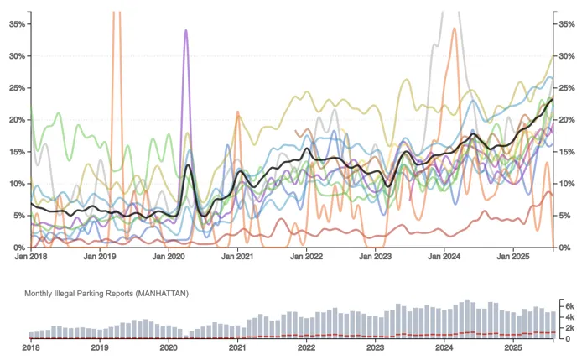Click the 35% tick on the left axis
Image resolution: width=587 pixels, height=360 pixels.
click(x=17, y=24)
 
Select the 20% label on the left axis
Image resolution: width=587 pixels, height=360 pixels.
click(x=17, y=120)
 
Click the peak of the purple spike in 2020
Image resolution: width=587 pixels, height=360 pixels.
click(x=185, y=31)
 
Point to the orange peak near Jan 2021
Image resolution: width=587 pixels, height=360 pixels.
click(x=237, y=111)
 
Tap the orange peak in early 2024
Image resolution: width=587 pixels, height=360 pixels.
click(x=454, y=29)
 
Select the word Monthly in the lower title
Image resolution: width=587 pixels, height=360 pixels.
click(x=39, y=293)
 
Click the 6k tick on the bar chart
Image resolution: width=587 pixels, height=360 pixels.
click(x=568, y=306)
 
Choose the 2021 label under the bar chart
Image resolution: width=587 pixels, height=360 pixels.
click(x=237, y=346)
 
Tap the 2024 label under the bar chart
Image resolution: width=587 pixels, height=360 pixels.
click(x=444, y=346)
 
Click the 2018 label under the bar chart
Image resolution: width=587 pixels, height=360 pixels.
click(x=31, y=346)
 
